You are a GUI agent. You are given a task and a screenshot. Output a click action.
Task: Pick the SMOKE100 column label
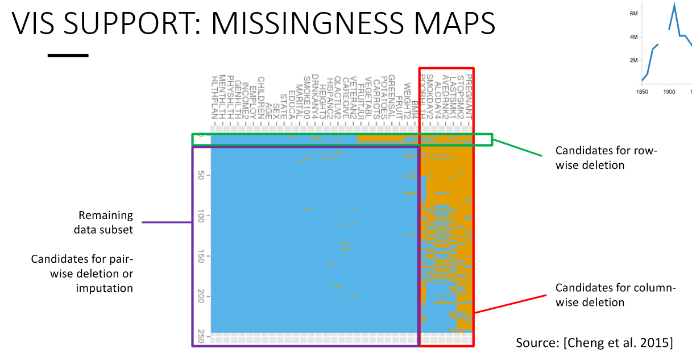[x=306, y=98]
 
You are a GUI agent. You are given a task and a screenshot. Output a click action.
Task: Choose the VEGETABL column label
[x=368, y=98]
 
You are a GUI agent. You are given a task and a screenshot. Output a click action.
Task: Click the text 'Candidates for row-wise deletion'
[x=590, y=158]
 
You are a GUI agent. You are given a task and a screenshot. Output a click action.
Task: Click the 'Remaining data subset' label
[x=105, y=222]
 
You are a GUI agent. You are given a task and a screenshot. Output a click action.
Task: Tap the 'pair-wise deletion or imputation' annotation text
[x=82, y=274]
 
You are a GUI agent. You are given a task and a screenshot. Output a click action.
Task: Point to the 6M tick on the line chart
[x=634, y=13]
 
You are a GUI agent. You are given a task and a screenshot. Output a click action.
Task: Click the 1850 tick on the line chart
[x=641, y=90]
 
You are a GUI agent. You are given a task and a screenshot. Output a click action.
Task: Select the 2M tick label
[x=634, y=60]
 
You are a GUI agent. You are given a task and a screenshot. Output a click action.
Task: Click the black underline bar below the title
[x=68, y=55]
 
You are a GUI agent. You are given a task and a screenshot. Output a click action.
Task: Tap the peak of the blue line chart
[x=674, y=5]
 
